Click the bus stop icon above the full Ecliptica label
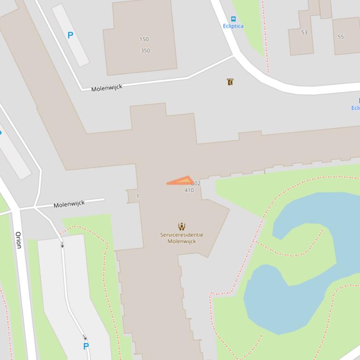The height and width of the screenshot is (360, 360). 233,19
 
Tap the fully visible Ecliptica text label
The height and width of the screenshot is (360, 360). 233,26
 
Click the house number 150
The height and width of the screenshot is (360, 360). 144,39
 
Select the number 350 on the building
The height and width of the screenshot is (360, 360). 145,50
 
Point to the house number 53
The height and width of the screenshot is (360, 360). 304,33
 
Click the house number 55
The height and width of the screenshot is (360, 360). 340,36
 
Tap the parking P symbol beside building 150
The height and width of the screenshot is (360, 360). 70,35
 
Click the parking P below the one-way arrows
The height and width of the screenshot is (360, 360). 86,346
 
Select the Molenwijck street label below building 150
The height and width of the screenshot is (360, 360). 107,88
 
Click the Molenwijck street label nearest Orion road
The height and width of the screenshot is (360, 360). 69,204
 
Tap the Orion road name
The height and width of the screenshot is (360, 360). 19,240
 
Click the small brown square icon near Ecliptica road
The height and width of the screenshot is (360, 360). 230,82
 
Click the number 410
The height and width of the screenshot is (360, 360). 189,190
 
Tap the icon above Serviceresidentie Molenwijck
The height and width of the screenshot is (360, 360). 182,227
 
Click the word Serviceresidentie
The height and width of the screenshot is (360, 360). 182,235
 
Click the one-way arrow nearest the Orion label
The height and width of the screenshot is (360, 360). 62,244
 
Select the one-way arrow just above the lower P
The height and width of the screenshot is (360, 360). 85,337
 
